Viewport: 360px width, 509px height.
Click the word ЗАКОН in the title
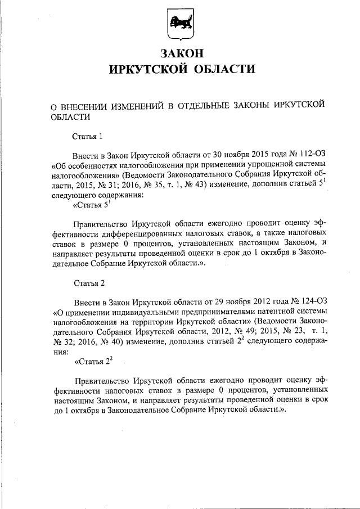181,54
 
